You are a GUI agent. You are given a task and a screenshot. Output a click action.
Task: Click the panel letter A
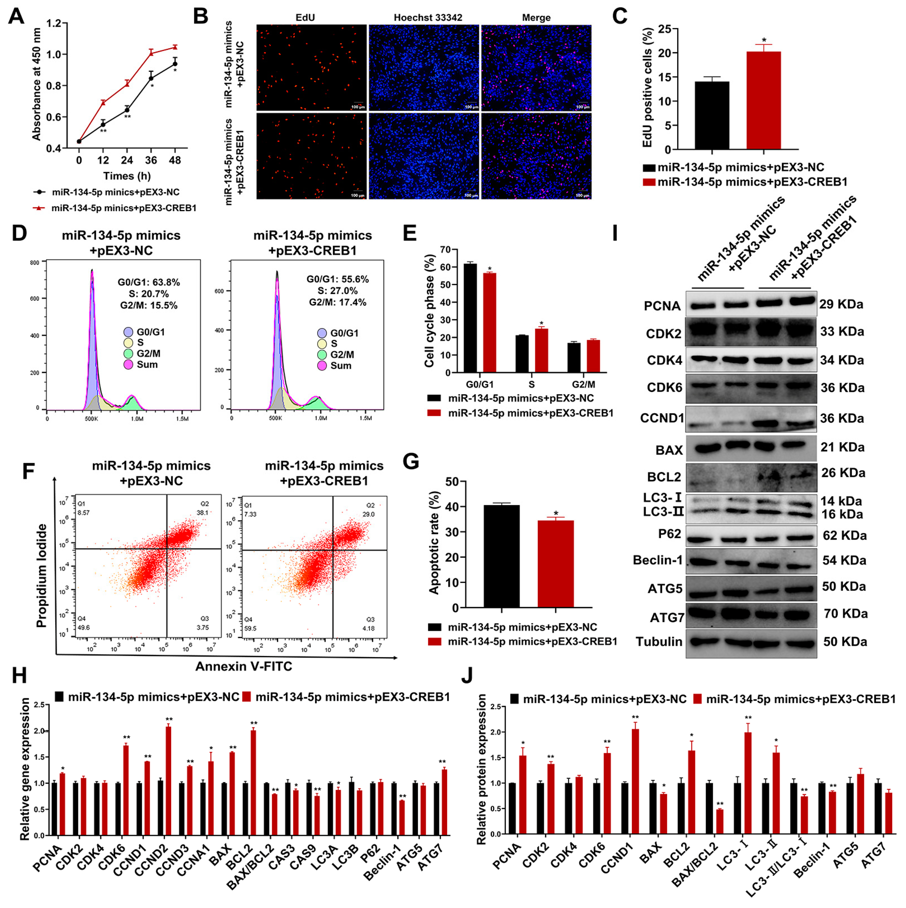point(17,17)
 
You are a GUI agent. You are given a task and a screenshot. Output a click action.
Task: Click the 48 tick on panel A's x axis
point(175,160)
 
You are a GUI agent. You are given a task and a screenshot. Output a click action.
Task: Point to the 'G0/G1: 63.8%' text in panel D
point(148,282)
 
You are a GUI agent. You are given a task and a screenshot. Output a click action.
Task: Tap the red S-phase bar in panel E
point(541,350)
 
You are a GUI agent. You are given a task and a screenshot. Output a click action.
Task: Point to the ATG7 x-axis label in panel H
point(430,858)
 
